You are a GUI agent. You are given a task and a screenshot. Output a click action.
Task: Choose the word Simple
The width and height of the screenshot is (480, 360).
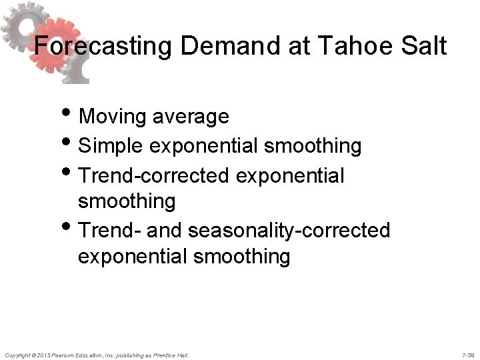click(x=111, y=146)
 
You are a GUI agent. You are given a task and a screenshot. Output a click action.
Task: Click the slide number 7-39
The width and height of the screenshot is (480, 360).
click(x=468, y=354)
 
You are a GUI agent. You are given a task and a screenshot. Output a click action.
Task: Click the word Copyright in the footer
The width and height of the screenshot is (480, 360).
click(x=17, y=354)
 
